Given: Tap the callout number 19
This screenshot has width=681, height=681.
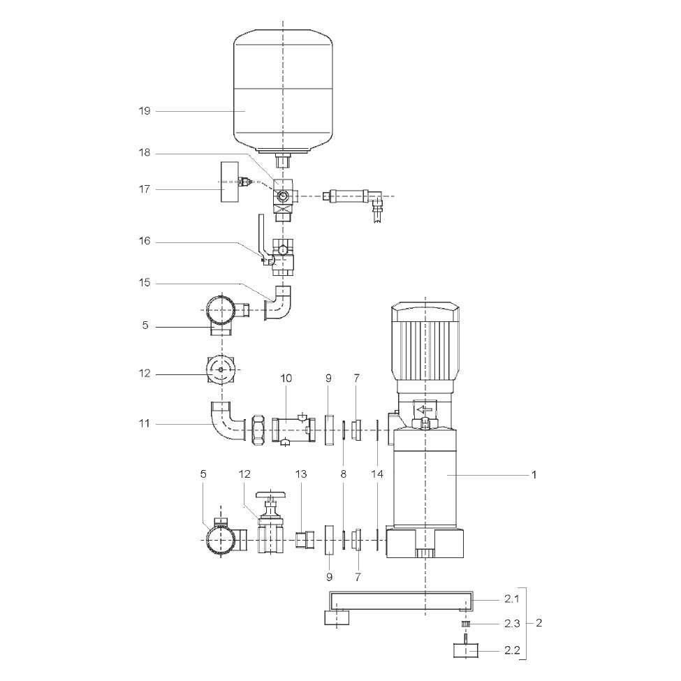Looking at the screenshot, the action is (x=144, y=111).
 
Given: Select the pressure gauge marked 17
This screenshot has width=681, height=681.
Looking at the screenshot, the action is (x=230, y=182).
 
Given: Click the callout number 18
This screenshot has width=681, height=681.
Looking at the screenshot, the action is (x=144, y=153).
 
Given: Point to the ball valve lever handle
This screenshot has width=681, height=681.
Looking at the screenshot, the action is (x=261, y=237).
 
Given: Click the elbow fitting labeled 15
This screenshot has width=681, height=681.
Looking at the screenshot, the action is (x=279, y=302).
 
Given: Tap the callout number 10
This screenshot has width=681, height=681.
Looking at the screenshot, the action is (x=286, y=379).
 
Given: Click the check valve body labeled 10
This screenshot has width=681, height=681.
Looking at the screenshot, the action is (x=294, y=430).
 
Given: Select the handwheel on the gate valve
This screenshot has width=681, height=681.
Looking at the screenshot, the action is (x=272, y=495).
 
